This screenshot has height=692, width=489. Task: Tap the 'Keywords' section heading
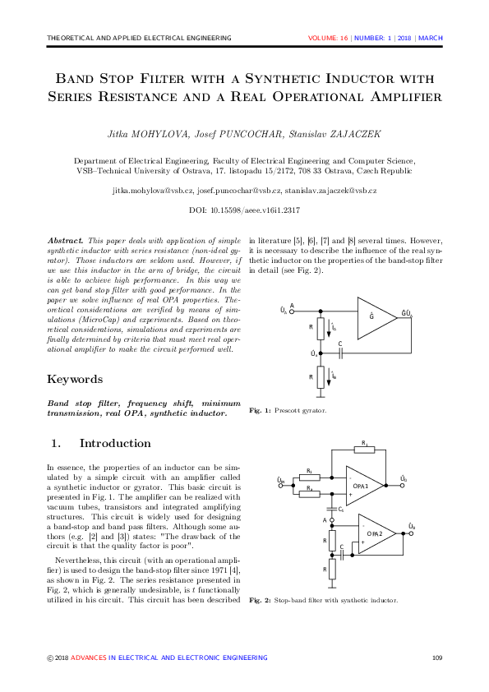point(75,379)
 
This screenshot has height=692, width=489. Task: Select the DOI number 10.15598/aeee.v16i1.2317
point(258,211)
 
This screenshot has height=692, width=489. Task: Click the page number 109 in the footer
point(436,657)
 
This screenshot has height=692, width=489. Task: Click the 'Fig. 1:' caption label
point(260,409)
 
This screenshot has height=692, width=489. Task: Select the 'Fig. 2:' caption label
point(260,601)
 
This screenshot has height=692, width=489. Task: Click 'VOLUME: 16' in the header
point(328,38)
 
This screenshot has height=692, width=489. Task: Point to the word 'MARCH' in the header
point(431,38)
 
